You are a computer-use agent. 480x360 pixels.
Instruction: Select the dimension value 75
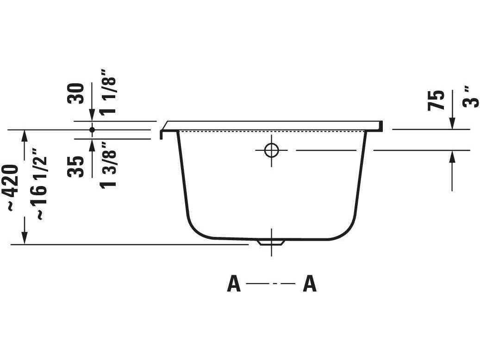[436, 100]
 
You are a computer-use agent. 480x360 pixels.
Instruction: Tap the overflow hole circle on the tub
[271, 150]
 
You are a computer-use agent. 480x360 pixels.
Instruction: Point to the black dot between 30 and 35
[92, 130]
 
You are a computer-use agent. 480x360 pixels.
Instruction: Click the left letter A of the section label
[234, 284]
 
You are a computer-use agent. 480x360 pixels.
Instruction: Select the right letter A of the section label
[310, 284]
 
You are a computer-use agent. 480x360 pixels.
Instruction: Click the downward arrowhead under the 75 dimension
[452, 124]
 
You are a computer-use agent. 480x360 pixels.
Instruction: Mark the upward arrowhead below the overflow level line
[452, 156]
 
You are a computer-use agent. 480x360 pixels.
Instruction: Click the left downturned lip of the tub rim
[162, 134]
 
